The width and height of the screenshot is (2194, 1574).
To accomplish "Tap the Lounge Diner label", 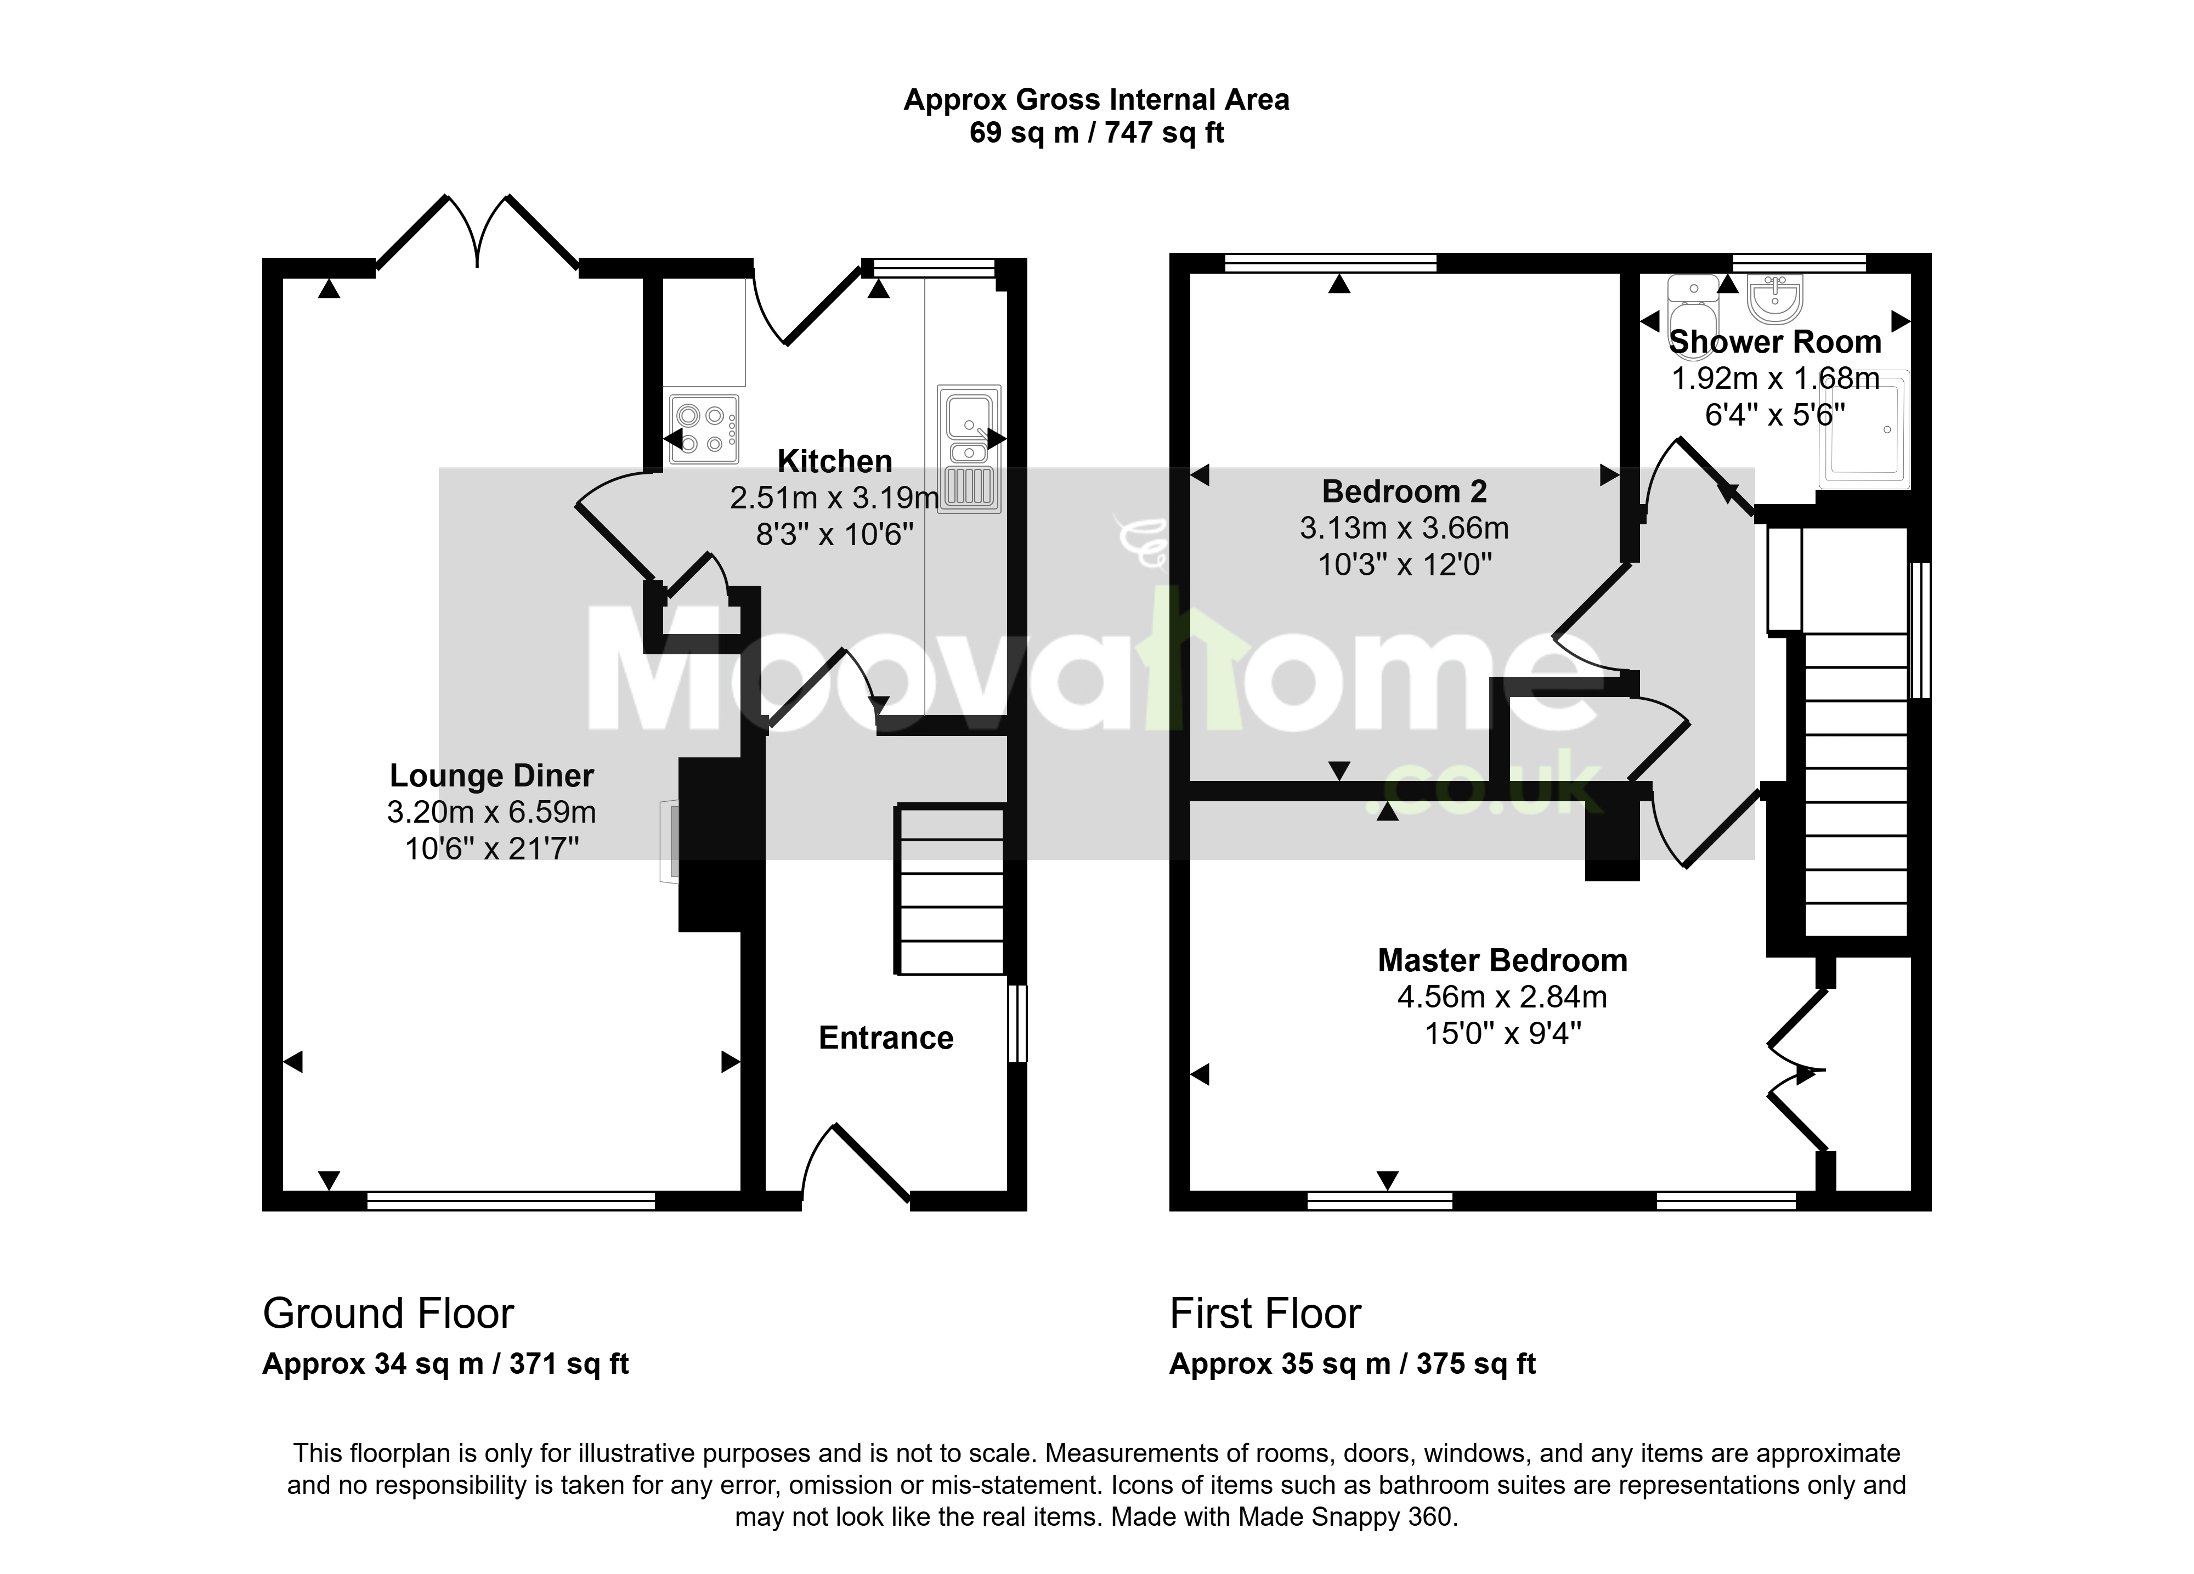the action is pos(491,776).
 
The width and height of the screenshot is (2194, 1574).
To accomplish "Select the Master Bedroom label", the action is pos(1502,961).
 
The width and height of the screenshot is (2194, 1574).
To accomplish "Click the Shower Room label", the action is pos(1775,342).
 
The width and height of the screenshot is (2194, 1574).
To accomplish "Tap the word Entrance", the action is pos(886,1038).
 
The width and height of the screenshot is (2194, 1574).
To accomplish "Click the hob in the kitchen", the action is pos(703,428).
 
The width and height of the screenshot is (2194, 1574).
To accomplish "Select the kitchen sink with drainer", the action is pos(968,448).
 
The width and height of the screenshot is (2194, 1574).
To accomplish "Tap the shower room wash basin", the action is pos(1774,297).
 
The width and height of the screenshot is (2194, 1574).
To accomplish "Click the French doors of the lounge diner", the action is pos(477,232).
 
